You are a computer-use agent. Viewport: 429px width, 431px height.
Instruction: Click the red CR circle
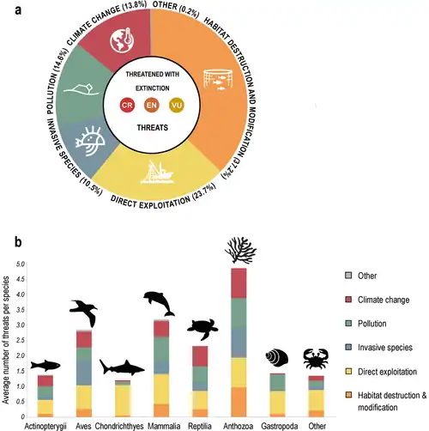click(x=127, y=105)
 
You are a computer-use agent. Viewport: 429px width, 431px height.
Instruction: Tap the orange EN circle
click(x=152, y=105)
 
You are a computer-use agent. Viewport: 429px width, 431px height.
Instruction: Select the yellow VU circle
click(x=177, y=105)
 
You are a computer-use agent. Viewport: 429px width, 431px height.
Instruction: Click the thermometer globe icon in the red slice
click(x=122, y=41)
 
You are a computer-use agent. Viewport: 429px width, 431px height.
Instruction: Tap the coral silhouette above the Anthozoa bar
click(x=240, y=250)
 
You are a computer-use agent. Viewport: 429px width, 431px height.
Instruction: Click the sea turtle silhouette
click(x=202, y=329)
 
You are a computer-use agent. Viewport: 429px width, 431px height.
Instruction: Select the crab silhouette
click(x=316, y=359)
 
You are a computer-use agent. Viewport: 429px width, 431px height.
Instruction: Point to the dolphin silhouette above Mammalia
click(x=159, y=304)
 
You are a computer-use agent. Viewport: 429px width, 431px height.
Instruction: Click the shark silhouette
click(x=122, y=367)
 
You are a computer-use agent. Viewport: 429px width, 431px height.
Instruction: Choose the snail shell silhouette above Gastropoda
click(x=276, y=357)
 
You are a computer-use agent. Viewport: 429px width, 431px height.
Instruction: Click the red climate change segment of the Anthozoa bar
click(x=239, y=283)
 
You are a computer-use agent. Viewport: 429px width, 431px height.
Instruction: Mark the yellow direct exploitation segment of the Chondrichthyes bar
click(x=123, y=400)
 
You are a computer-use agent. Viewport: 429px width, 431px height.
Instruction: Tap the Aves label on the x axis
click(x=83, y=426)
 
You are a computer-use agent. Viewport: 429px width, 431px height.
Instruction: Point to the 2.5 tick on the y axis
click(x=21, y=340)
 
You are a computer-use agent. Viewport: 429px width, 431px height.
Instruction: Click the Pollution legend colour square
click(x=348, y=324)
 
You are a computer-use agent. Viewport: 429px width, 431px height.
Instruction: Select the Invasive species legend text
click(x=385, y=348)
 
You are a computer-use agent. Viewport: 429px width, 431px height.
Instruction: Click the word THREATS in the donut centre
click(x=152, y=128)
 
